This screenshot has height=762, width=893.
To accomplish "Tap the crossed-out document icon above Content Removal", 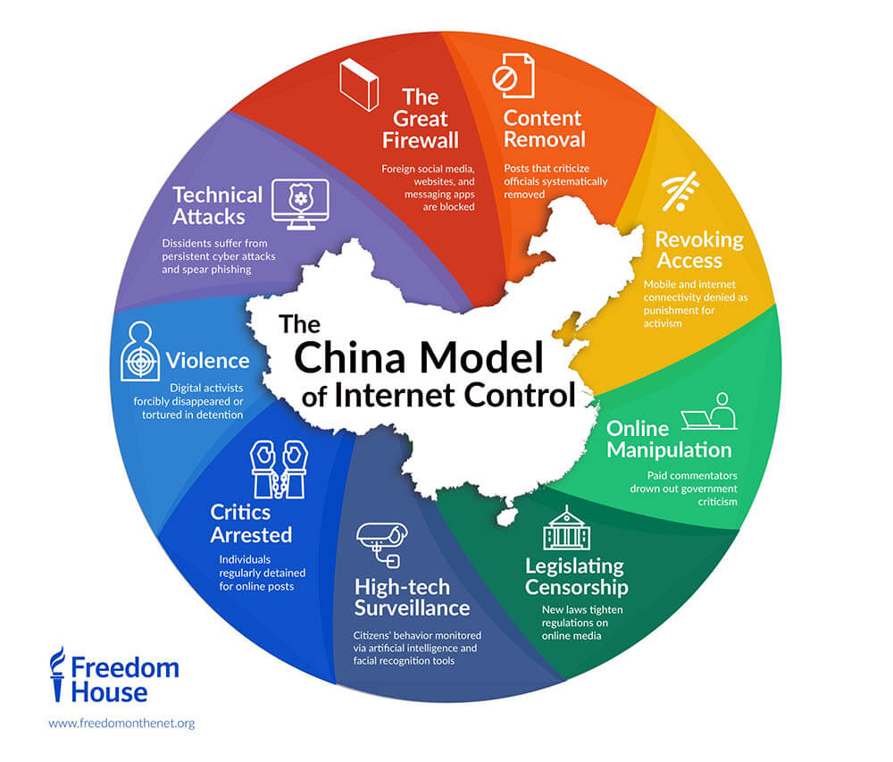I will tap(513, 77).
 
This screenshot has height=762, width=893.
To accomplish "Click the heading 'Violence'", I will tap(207, 360).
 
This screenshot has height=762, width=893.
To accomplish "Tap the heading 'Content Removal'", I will tap(543, 129).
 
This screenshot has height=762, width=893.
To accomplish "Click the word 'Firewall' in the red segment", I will tap(421, 140).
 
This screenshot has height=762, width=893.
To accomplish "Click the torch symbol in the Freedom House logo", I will tap(57, 674).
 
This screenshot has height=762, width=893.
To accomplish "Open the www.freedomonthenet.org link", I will tap(121, 723).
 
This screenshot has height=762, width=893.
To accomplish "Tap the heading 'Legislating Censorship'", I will tap(576, 576).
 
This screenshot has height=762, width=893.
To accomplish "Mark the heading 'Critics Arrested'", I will tap(251, 523).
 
